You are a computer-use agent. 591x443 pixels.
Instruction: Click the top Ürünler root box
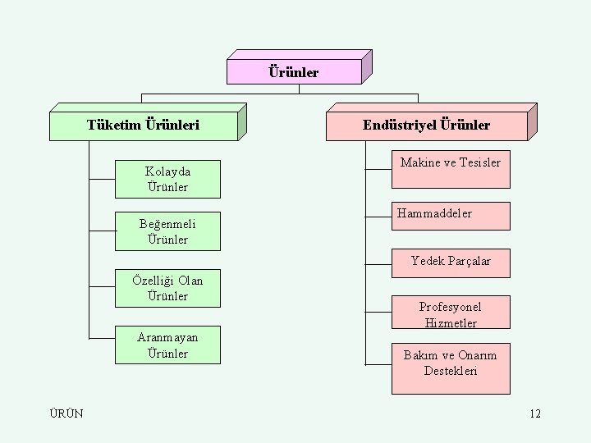[x=294, y=72]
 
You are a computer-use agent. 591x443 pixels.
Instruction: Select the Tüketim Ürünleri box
[x=144, y=126]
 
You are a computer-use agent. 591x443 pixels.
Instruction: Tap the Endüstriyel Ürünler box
[x=426, y=126]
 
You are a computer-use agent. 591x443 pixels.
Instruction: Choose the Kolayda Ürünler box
[x=167, y=180]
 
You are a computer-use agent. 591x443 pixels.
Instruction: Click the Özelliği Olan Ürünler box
[x=167, y=288]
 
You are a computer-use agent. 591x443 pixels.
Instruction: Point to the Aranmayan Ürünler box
[x=167, y=345]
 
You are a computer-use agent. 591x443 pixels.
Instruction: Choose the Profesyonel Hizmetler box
[x=450, y=315]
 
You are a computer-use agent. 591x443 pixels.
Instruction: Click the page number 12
[x=535, y=413]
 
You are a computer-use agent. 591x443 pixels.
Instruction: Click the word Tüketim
[x=113, y=126]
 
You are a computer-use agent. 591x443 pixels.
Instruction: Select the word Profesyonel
[x=450, y=307]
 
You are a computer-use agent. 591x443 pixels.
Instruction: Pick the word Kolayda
[x=167, y=171]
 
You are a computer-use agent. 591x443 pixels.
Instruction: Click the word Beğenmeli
[x=167, y=224]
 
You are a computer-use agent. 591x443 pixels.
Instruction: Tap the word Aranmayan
[x=167, y=337]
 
